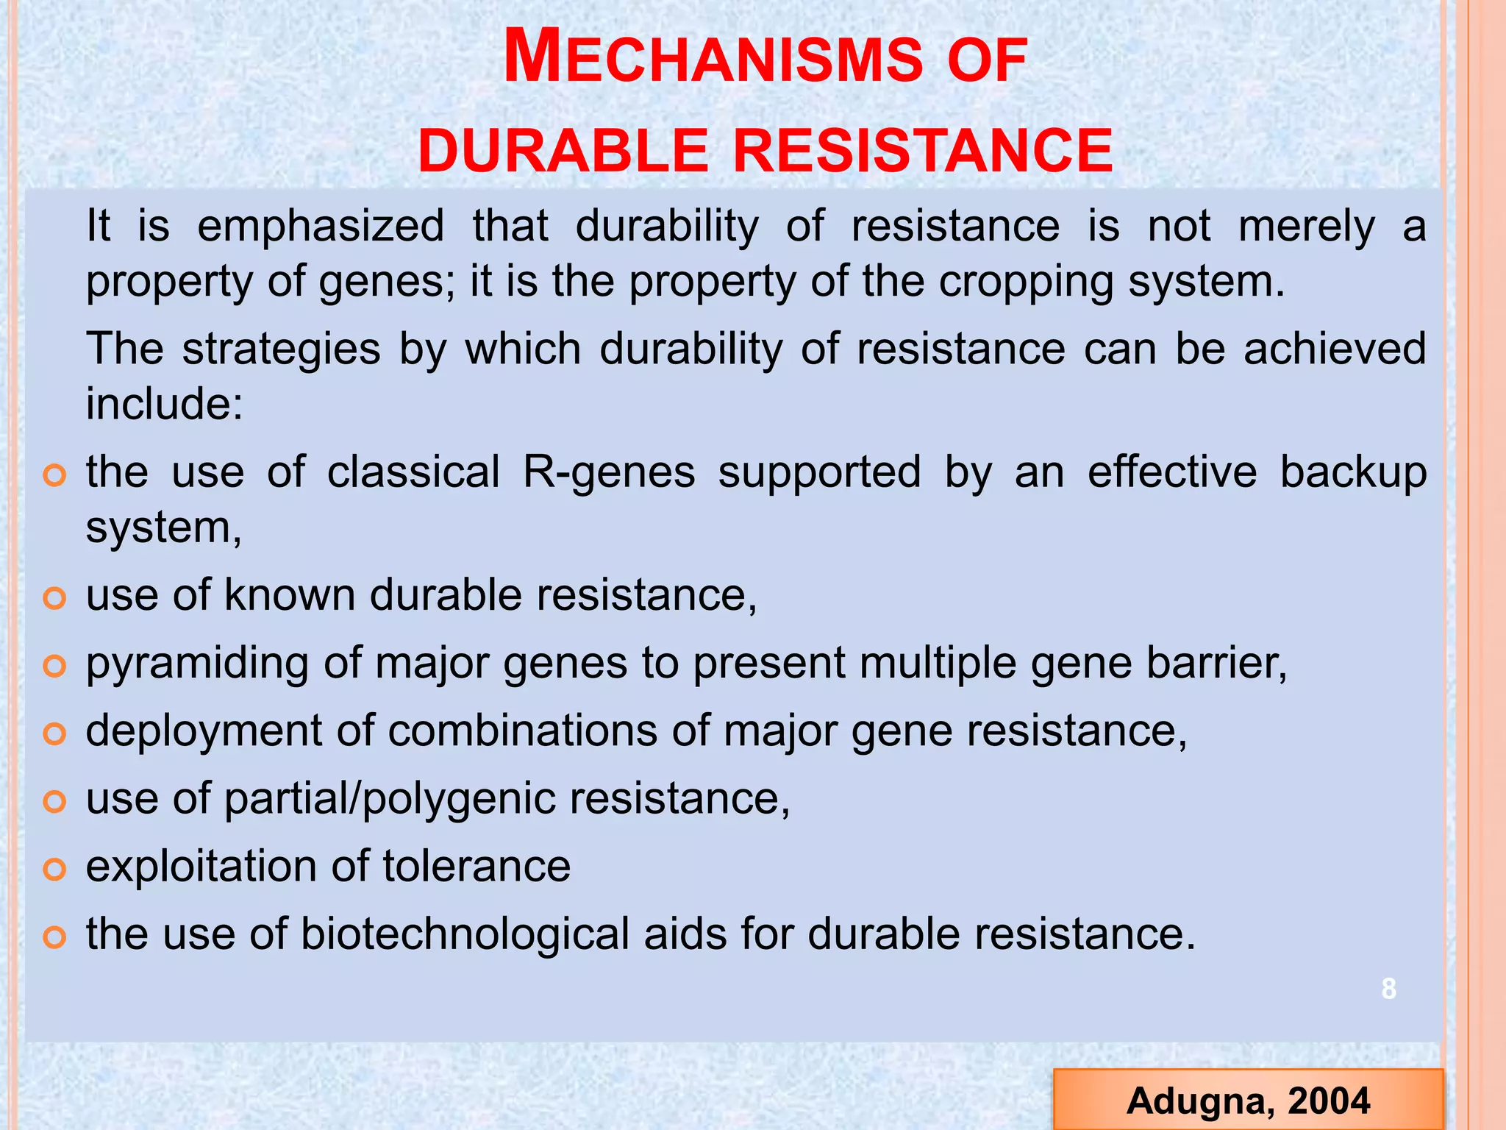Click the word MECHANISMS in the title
click(x=712, y=60)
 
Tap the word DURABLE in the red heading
click(x=563, y=152)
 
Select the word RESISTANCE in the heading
click(x=923, y=152)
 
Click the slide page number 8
click(x=1388, y=989)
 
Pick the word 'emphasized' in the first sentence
click(x=321, y=227)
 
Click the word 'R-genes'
click(x=609, y=472)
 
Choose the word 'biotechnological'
click(x=465, y=934)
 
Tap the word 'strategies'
click(x=281, y=349)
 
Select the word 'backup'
click(x=1353, y=472)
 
